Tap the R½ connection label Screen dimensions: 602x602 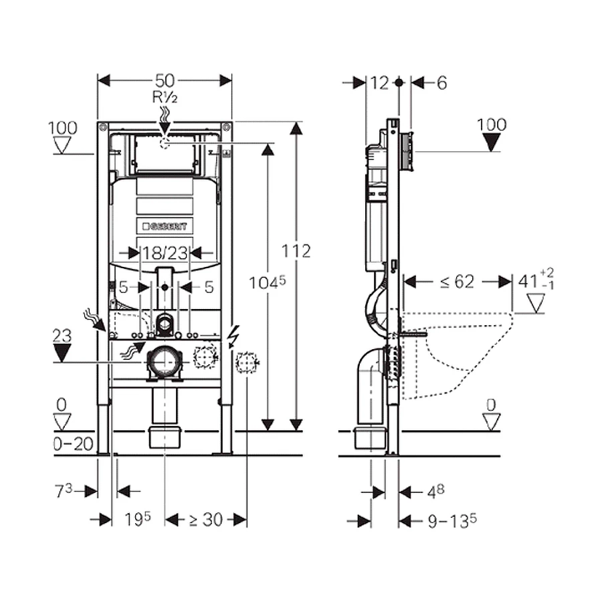(x=164, y=96)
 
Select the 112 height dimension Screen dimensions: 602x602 (x=296, y=251)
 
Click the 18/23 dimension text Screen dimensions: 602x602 (x=165, y=252)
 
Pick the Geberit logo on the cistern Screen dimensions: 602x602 (x=165, y=225)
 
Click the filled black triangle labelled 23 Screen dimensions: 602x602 (x=62, y=353)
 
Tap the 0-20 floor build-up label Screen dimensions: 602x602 (x=72, y=444)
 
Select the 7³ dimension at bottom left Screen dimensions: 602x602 (x=64, y=492)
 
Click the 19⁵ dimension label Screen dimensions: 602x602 (x=138, y=519)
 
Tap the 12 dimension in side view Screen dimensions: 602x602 (x=379, y=82)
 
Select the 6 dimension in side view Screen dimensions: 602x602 (x=441, y=82)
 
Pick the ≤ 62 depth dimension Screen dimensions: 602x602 (x=457, y=282)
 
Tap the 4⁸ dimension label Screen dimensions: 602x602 (x=434, y=492)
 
